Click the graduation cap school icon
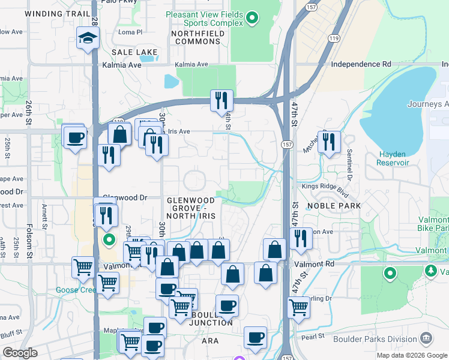click(88, 40)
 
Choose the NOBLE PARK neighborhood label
click(333, 206)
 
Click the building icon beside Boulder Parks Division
click(426, 338)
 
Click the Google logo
click(20, 353)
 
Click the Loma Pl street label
click(130, 32)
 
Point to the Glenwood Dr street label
click(125, 197)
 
